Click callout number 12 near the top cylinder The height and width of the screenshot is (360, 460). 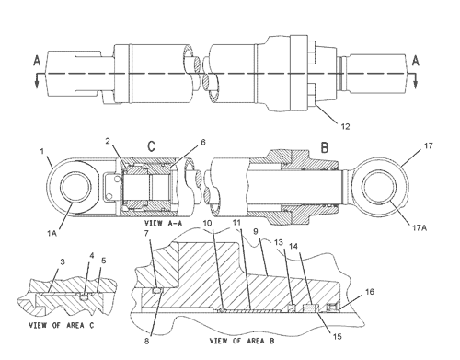point(345,126)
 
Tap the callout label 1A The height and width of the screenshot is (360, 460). point(52,234)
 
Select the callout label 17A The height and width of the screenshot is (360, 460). point(420,228)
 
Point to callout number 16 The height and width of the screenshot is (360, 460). point(370,291)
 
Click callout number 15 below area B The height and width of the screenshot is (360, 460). point(337,336)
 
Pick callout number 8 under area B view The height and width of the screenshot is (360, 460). point(147,341)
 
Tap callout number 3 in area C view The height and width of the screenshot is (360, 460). point(63,261)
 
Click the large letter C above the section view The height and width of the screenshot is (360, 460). point(152,146)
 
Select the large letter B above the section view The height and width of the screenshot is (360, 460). point(325,147)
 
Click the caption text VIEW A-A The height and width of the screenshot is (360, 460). point(163,223)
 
